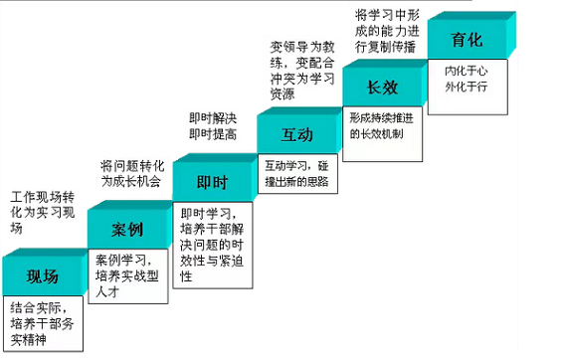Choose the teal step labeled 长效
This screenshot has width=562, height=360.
pos(381,88)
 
